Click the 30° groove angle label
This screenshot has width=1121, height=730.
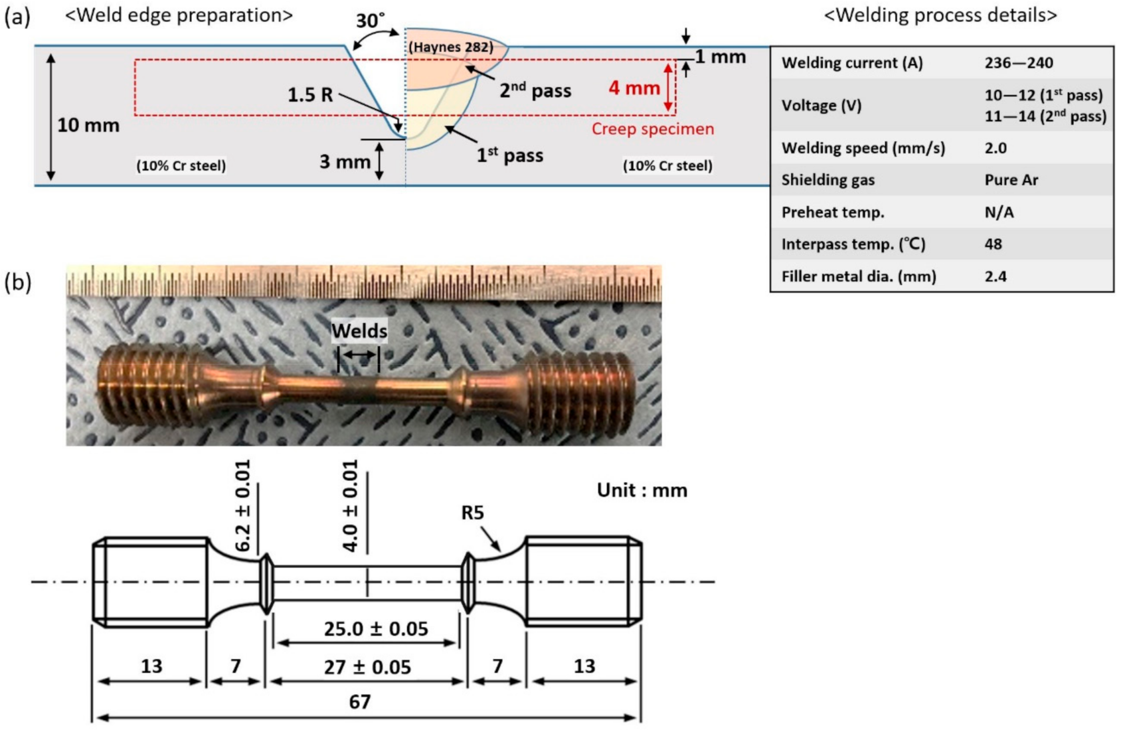tap(370, 21)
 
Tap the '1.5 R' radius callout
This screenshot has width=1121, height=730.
tap(310, 94)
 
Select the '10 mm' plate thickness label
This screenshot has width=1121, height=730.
tap(88, 125)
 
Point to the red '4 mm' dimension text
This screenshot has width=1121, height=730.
tap(634, 88)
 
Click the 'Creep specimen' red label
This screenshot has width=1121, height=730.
tap(652, 129)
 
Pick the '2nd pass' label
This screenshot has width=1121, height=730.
tap(535, 90)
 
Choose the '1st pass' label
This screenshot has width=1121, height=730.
tap(510, 155)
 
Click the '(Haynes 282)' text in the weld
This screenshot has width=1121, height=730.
tap(451, 47)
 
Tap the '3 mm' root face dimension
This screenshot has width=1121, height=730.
tap(345, 162)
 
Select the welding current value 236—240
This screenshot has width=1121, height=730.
tap(1019, 63)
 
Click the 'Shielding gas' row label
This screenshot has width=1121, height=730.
tap(828, 179)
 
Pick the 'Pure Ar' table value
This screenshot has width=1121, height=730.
tap(1011, 179)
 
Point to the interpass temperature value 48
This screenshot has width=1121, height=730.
tap(993, 244)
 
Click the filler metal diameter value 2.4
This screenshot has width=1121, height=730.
tap(995, 276)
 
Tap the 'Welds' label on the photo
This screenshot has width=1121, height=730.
tap(359, 331)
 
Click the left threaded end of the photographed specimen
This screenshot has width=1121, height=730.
tap(143, 386)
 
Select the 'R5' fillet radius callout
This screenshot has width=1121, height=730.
tap(472, 513)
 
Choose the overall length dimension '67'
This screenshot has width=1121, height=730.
tap(359, 701)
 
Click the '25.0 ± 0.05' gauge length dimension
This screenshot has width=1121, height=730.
tap(376, 629)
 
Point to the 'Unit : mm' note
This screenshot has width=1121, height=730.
tap(642, 490)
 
